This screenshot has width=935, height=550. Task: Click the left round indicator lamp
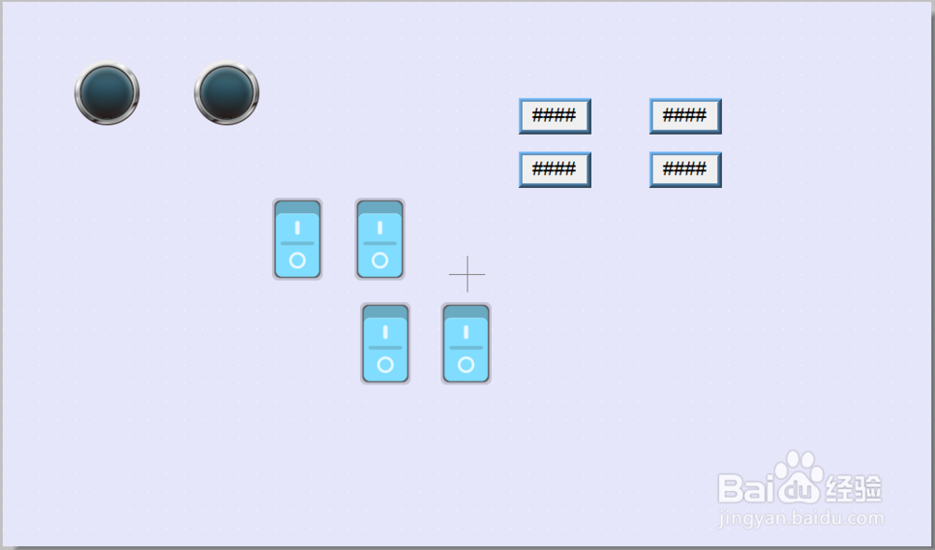click(108, 93)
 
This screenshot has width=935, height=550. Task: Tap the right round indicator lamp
click(227, 93)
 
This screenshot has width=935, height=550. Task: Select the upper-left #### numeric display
click(554, 116)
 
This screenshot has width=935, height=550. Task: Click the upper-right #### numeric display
click(685, 116)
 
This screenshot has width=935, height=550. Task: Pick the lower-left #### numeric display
click(554, 169)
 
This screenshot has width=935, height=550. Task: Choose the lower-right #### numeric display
click(685, 169)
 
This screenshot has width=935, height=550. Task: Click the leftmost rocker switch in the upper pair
click(297, 239)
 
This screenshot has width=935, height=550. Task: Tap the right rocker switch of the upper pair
click(380, 239)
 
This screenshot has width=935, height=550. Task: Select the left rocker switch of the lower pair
click(385, 343)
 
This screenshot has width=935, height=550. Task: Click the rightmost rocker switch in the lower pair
click(467, 343)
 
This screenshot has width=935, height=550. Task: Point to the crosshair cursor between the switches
click(467, 274)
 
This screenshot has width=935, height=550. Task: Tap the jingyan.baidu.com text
click(801, 517)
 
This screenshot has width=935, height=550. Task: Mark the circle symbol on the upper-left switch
click(297, 260)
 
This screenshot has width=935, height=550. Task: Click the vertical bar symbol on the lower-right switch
click(467, 332)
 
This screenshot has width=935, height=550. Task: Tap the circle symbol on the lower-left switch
click(385, 365)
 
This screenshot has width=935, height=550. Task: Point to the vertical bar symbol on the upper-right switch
click(380, 227)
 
